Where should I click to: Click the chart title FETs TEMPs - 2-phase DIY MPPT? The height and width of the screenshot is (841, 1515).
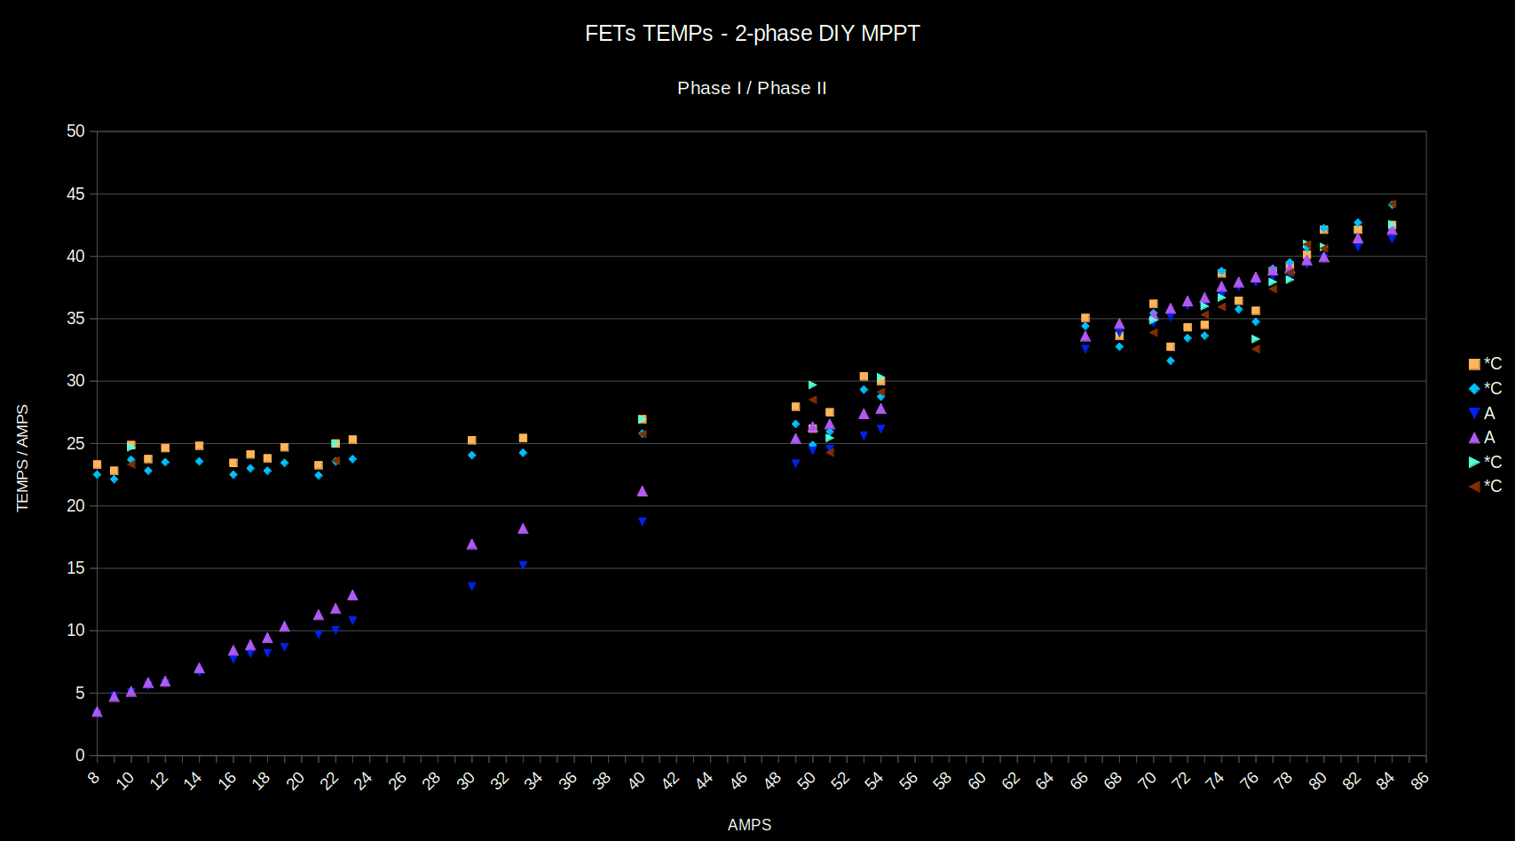coord(752,34)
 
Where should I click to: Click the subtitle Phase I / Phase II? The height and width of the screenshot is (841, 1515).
coord(752,88)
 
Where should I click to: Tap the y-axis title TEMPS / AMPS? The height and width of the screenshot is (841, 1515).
coord(23,457)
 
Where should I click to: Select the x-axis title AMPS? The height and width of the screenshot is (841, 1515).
coord(749,825)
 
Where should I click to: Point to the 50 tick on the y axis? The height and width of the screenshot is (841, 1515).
coord(76,131)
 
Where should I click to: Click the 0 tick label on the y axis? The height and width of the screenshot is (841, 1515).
coord(80,755)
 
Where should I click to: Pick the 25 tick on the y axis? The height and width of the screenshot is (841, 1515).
coord(76,443)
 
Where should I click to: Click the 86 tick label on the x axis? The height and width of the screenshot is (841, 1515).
coord(1420,780)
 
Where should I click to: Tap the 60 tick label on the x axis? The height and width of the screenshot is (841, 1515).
coord(977,780)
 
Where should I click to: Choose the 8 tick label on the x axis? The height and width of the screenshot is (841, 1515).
coord(94,778)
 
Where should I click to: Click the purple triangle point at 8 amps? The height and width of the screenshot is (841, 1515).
coord(97,711)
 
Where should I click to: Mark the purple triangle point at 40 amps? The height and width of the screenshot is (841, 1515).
coord(643,491)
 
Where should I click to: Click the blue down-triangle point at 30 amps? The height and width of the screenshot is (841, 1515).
coord(472,586)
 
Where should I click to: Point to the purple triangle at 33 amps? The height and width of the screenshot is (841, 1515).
coord(523,528)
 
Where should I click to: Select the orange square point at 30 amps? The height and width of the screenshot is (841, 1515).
coord(472,440)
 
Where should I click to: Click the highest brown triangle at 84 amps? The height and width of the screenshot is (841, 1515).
coord(1392,204)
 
